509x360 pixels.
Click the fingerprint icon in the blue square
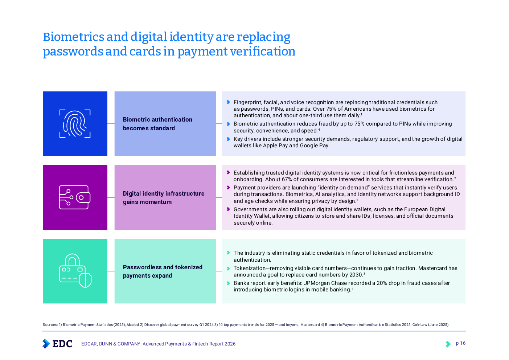click(75, 124)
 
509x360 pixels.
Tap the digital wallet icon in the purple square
click(75, 197)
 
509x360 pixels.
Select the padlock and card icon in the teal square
click(75, 271)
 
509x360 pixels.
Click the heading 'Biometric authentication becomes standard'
click(157, 124)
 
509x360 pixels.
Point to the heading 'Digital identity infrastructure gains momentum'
click(163, 198)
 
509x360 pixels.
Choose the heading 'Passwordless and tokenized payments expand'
click(163, 271)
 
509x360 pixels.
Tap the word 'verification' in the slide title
click(265, 52)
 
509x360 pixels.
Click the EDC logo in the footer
click(57, 343)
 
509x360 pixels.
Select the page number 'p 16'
click(460, 343)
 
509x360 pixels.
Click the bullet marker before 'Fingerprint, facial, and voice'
click(228, 102)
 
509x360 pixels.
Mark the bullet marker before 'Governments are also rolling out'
click(228, 209)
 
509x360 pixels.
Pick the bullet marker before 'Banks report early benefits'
click(228, 283)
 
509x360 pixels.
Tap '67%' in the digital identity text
click(287, 179)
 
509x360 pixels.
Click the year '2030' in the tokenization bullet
click(356, 275)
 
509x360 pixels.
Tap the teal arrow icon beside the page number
click(448, 344)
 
